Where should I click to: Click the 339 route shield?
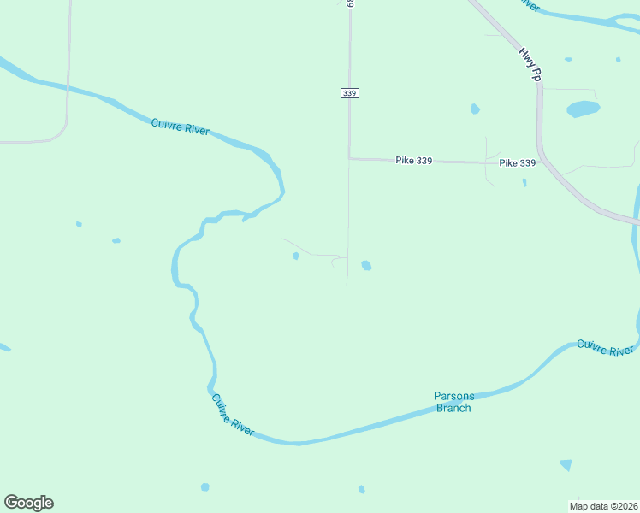click(x=349, y=92)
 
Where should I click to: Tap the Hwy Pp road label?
click(x=530, y=64)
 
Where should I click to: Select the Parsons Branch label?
click(x=453, y=402)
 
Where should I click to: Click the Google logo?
click(x=28, y=503)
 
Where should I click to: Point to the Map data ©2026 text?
click(x=603, y=506)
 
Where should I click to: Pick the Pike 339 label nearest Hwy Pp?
click(x=517, y=162)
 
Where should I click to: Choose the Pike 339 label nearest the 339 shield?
click(x=414, y=160)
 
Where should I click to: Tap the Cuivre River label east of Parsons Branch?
click(x=605, y=348)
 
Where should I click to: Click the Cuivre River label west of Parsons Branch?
click(x=232, y=415)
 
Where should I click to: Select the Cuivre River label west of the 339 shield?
click(x=180, y=127)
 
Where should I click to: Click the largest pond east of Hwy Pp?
click(x=584, y=109)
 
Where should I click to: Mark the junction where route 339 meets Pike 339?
click(x=349, y=158)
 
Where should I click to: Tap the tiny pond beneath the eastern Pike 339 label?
click(x=524, y=181)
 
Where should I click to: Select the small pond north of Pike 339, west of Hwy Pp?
click(x=475, y=109)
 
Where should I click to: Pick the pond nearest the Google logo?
click(x=204, y=487)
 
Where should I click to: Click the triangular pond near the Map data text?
click(x=566, y=465)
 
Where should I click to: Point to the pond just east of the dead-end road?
click(x=366, y=265)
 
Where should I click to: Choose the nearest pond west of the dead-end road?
click(x=296, y=256)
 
